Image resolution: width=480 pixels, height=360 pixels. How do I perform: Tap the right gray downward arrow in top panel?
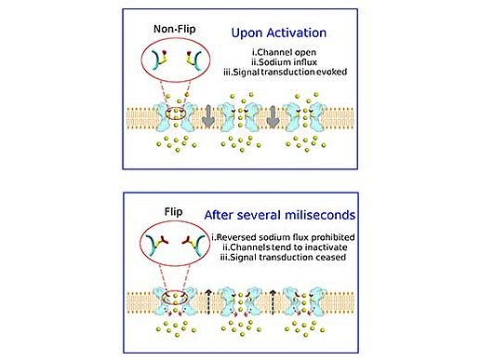pos(273,118)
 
